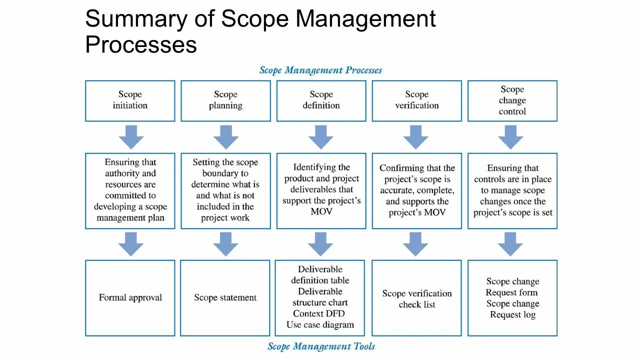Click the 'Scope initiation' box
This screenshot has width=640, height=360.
point(130,100)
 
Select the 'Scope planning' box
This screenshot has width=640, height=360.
point(225,100)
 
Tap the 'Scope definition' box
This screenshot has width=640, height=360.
point(321,100)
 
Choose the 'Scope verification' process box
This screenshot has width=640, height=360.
point(416,100)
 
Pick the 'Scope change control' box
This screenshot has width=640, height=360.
point(512,100)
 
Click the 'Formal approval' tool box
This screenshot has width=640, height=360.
point(130,297)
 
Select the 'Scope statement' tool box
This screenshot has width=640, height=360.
point(225,297)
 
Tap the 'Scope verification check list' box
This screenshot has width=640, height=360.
point(416,298)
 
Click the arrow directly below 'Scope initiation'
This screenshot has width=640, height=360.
point(131,136)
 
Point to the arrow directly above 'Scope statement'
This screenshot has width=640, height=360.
point(225,244)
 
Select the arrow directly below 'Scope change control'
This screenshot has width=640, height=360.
point(510,136)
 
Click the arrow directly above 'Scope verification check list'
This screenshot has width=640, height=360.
point(415,244)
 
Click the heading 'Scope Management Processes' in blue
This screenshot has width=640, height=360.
point(320,70)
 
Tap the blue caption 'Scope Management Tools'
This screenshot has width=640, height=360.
point(321,346)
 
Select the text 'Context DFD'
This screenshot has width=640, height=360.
point(319,313)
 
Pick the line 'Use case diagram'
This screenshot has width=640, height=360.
point(320,324)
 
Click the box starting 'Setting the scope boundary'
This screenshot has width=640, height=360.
point(225,190)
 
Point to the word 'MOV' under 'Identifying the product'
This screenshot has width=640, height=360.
point(321,211)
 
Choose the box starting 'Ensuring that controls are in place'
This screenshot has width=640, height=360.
point(512,190)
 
